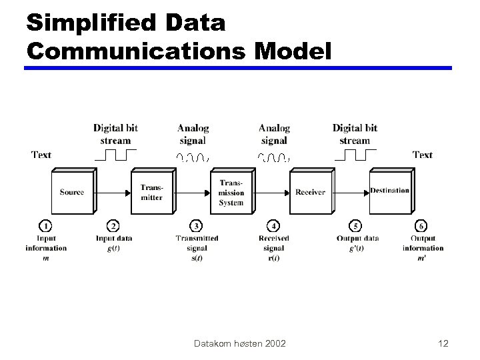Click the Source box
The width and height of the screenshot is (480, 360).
[71, 192]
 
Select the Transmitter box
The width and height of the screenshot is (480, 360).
[151, 192]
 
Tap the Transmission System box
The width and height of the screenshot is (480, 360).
[231, 192]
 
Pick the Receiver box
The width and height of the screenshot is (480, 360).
[310, 192]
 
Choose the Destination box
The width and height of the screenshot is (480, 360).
[389, 191]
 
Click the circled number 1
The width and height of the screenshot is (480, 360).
[46, 227]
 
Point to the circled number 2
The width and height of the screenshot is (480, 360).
[113, 227]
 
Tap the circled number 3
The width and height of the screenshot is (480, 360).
[197, 227]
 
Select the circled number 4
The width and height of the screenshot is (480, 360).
[273, 227]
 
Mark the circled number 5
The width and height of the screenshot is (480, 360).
[357, 227]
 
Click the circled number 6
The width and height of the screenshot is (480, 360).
[422, 227]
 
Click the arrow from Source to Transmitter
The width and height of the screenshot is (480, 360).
[112, 192]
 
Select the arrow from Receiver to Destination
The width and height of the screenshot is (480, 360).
[351, 192]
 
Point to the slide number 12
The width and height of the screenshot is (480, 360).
[443, 343]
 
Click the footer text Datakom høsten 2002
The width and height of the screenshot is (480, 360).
[239, 343]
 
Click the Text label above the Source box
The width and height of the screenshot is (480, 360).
[41, 155]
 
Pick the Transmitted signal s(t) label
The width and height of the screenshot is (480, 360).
[197, 248]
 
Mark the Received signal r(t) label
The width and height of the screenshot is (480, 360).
[273, 248]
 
